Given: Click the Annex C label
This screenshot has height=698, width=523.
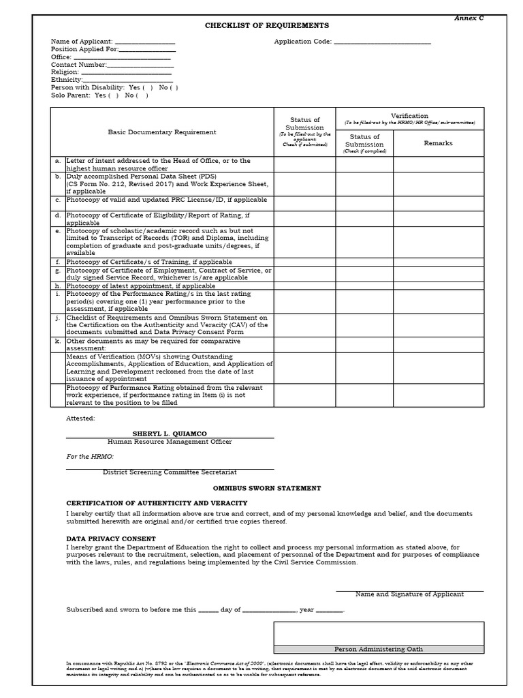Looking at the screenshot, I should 469,18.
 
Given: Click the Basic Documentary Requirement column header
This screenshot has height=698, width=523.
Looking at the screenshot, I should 162,132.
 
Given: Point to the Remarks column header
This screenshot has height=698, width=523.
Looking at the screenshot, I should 438,143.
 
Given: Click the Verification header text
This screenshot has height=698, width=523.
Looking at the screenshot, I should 409,116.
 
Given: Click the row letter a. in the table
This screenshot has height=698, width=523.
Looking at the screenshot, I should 58,162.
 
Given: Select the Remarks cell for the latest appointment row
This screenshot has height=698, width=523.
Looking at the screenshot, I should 438,286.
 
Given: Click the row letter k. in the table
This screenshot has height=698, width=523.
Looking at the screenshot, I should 58,340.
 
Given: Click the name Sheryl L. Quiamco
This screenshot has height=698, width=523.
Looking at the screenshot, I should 170,434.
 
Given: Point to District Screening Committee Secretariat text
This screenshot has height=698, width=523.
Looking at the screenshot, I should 170,472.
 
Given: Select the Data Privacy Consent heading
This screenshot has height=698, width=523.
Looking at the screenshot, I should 110,538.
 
